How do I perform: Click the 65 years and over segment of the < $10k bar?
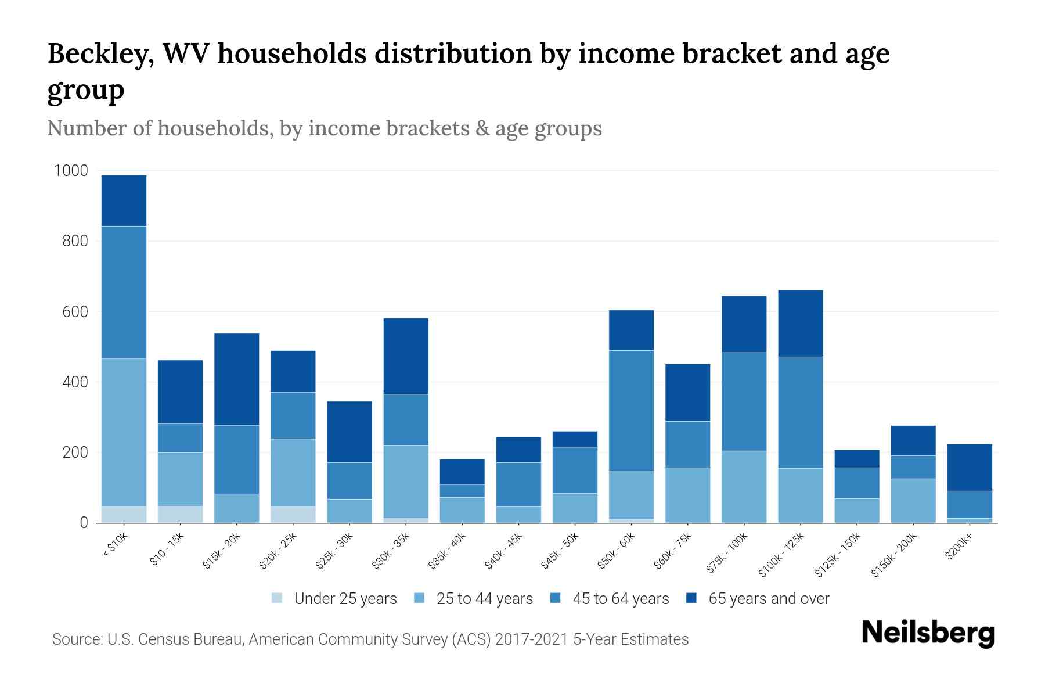tap(124, 200)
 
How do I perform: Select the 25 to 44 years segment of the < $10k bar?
tap(124, 432)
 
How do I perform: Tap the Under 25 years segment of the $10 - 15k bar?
tap(180, 514)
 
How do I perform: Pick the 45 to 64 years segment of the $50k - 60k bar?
tap(631, 411)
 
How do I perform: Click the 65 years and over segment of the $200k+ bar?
tap(969, 468)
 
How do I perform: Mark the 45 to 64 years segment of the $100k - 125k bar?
tap(800, 412)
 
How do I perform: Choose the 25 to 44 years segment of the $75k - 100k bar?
tap(744, 487)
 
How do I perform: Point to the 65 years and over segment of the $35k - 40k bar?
tap(462, 472)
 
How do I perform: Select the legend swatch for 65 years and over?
tap(691, 598)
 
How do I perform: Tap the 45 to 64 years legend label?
tap(621, 598)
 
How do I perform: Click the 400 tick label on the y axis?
tap(75, 382)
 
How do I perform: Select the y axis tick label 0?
tap(84, 523)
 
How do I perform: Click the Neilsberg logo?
tap(928, 633)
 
